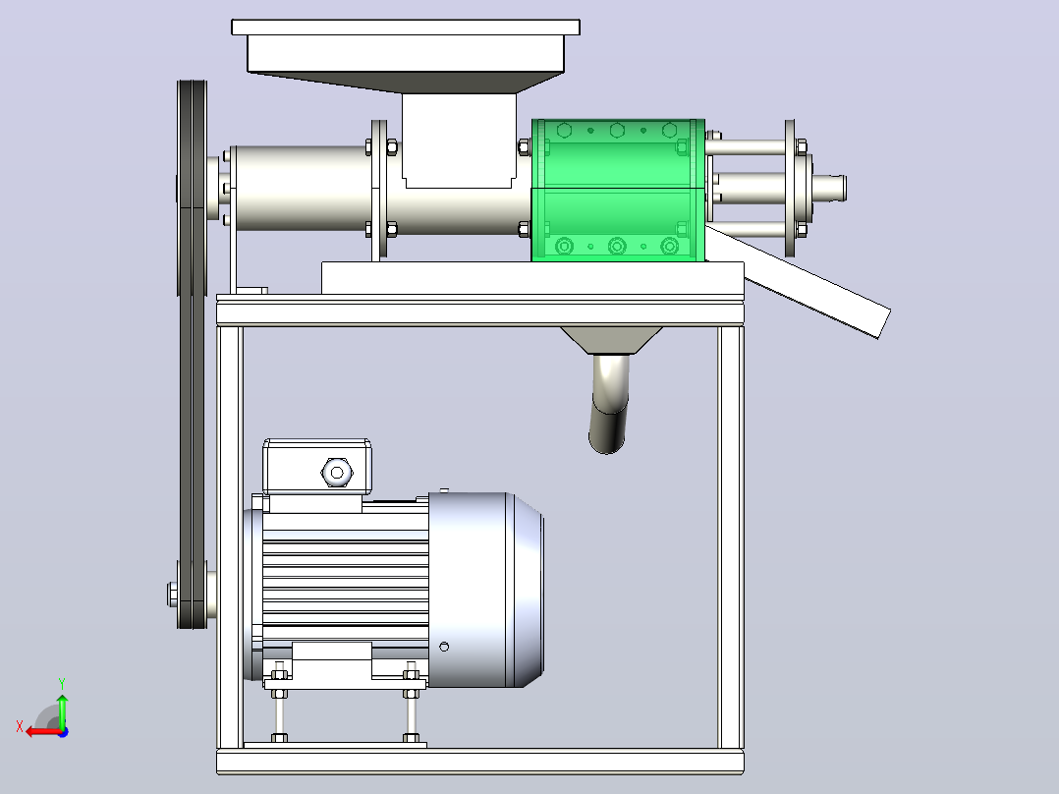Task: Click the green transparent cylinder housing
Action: [618, 190]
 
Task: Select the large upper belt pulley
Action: [192, 190]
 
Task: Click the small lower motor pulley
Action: [192, 595]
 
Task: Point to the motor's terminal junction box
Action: [316, 467]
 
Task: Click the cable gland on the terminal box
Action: [337, 473]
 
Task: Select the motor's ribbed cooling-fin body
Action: [345, 575]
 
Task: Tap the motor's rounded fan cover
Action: [485, 590]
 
